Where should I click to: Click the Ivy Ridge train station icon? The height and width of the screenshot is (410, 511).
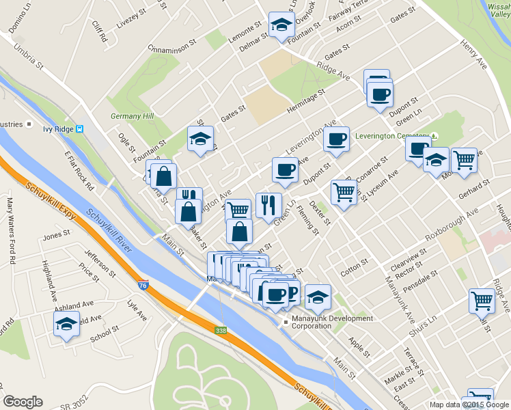(81, 128)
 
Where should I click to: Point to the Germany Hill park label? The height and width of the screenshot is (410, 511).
(133, 116)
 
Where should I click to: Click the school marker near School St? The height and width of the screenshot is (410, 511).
(66, 324)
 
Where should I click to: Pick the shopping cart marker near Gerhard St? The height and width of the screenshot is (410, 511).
(465, 160)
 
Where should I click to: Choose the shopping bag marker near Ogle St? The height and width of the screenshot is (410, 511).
(164, 176)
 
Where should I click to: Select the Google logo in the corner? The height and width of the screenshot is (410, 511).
(23, 402)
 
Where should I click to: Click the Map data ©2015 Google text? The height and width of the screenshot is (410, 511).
(469, 405)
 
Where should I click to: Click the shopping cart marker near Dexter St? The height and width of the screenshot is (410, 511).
(343, 192)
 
